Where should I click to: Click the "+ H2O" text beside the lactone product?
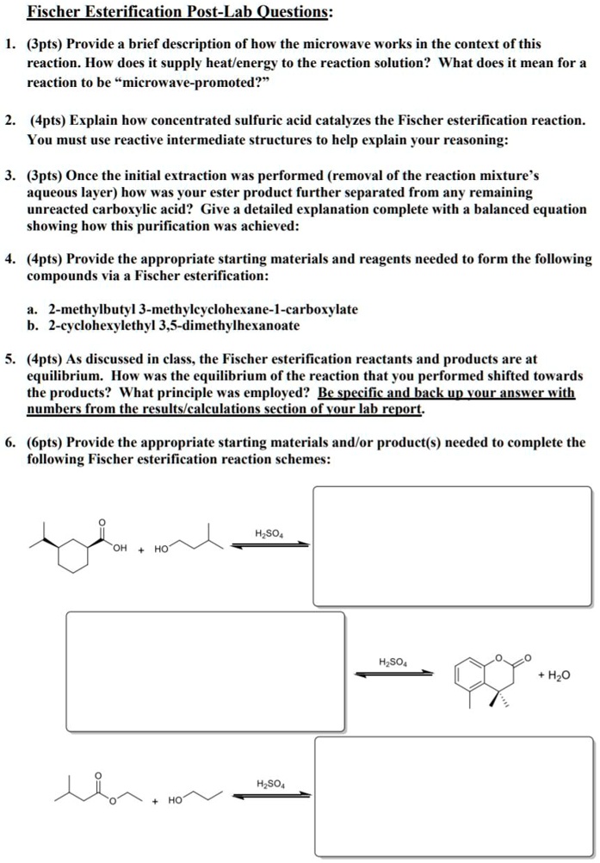554,677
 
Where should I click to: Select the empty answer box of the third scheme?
454,796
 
